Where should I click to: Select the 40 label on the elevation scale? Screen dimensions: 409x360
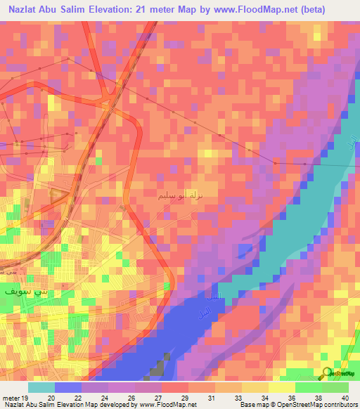pyautogui.click(x=343, y=397)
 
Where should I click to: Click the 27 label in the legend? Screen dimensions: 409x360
pyautogui.click(x=163, y=397)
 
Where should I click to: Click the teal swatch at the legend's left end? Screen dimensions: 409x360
pyautogui.click(x=41, y=387)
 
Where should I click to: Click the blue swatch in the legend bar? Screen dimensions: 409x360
pyautogui.click(x=67, y=387)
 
